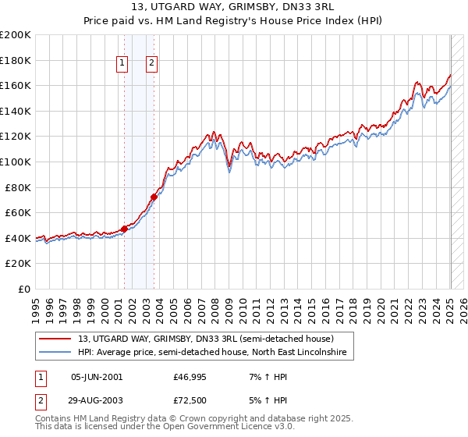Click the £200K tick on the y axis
click(16, 35)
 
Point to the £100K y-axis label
click(16, 162)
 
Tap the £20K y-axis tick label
click(18, 264)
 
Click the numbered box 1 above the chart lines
click(123, 64)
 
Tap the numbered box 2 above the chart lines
click(151, 64)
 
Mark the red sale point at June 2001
click(124, 229)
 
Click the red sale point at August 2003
click(154, 197)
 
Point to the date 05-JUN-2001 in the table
click(97, 377)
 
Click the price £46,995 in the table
click(190, 377)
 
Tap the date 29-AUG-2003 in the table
click(97, 400)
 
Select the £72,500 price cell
click(190, 400)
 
